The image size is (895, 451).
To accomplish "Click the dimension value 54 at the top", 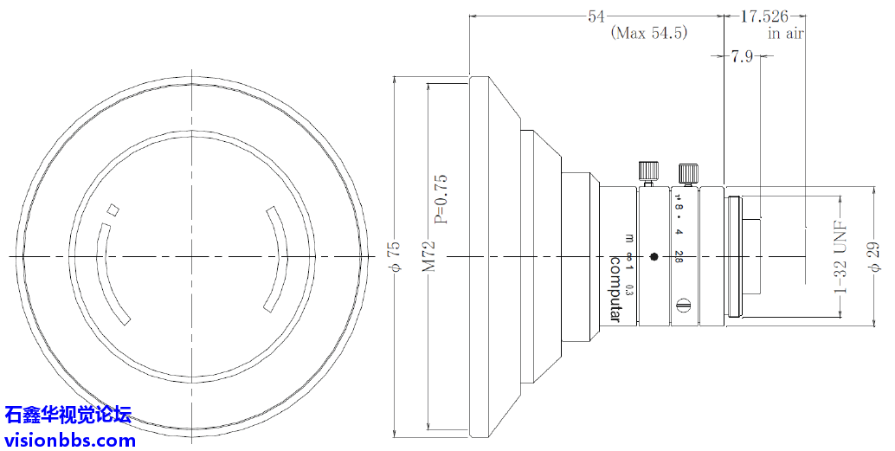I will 596,16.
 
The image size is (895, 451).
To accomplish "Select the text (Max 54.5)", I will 649,34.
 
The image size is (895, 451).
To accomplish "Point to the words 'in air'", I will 787,34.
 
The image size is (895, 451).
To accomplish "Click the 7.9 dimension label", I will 742,57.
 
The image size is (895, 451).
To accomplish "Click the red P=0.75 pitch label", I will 441,199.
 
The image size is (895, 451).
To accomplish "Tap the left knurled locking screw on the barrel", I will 646,171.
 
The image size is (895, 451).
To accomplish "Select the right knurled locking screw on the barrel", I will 688,172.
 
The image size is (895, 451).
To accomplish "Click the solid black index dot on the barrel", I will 654,256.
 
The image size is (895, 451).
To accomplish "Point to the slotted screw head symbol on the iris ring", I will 683,304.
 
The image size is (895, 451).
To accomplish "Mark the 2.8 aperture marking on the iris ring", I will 680,256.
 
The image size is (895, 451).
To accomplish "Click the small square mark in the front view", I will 113,209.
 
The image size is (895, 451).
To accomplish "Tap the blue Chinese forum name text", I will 68,415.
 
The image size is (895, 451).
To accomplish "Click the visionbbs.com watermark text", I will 70,440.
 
